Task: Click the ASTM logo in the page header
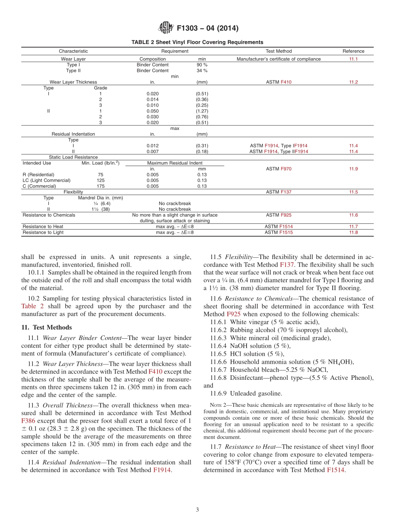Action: tap(165, 28)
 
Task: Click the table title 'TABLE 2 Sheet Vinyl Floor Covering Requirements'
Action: tap(197, 42)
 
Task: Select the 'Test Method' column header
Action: tap(279, 51)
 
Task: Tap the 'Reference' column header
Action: tap(353, 51)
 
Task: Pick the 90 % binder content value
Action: tap(202, 65)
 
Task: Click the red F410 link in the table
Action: tap(286, 82)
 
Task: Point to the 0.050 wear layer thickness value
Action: tap(152, 111)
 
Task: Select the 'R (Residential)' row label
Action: tap(38, 175)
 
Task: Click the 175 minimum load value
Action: tap(100, 186)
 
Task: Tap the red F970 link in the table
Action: tap(286, 169)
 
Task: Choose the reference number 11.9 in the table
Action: tap(353, 169)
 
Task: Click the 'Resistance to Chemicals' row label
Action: tap(49, 215)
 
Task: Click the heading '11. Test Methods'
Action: tap(46, 328)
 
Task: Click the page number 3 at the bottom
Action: tap(197, 510)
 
